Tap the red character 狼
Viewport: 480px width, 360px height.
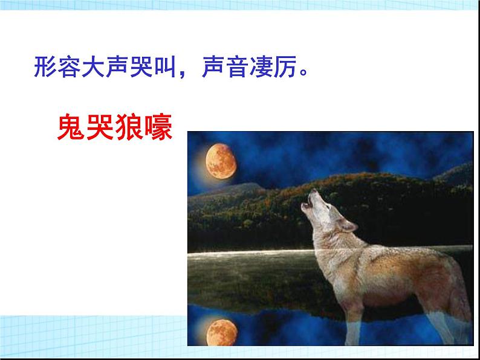click(x=129, y=127)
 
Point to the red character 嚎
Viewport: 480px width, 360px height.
click(x=159, y=127)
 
